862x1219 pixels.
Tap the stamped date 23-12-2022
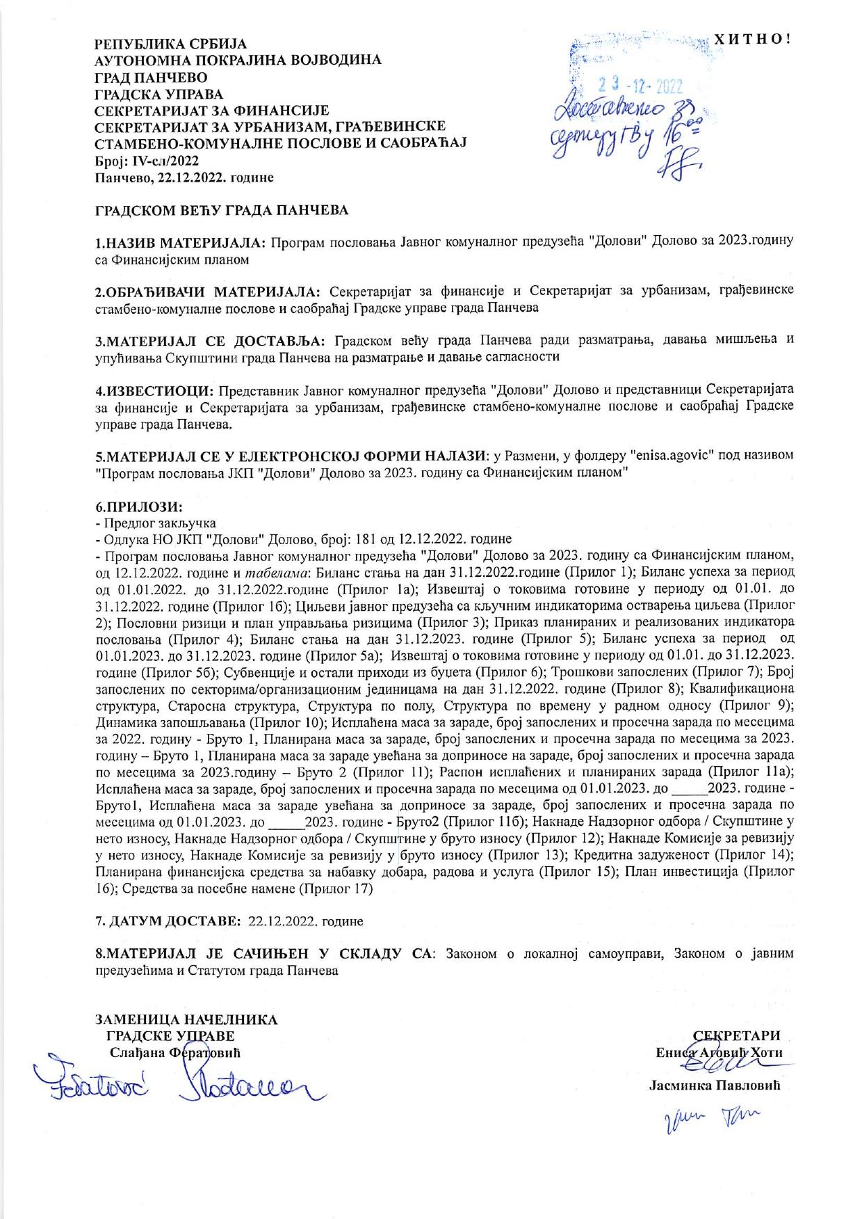(640, 87)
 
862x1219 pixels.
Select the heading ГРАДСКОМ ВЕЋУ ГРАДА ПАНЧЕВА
(222, 209)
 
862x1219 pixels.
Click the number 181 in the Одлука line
(365, 539)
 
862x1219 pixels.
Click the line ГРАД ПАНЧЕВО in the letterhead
(151, 77)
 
